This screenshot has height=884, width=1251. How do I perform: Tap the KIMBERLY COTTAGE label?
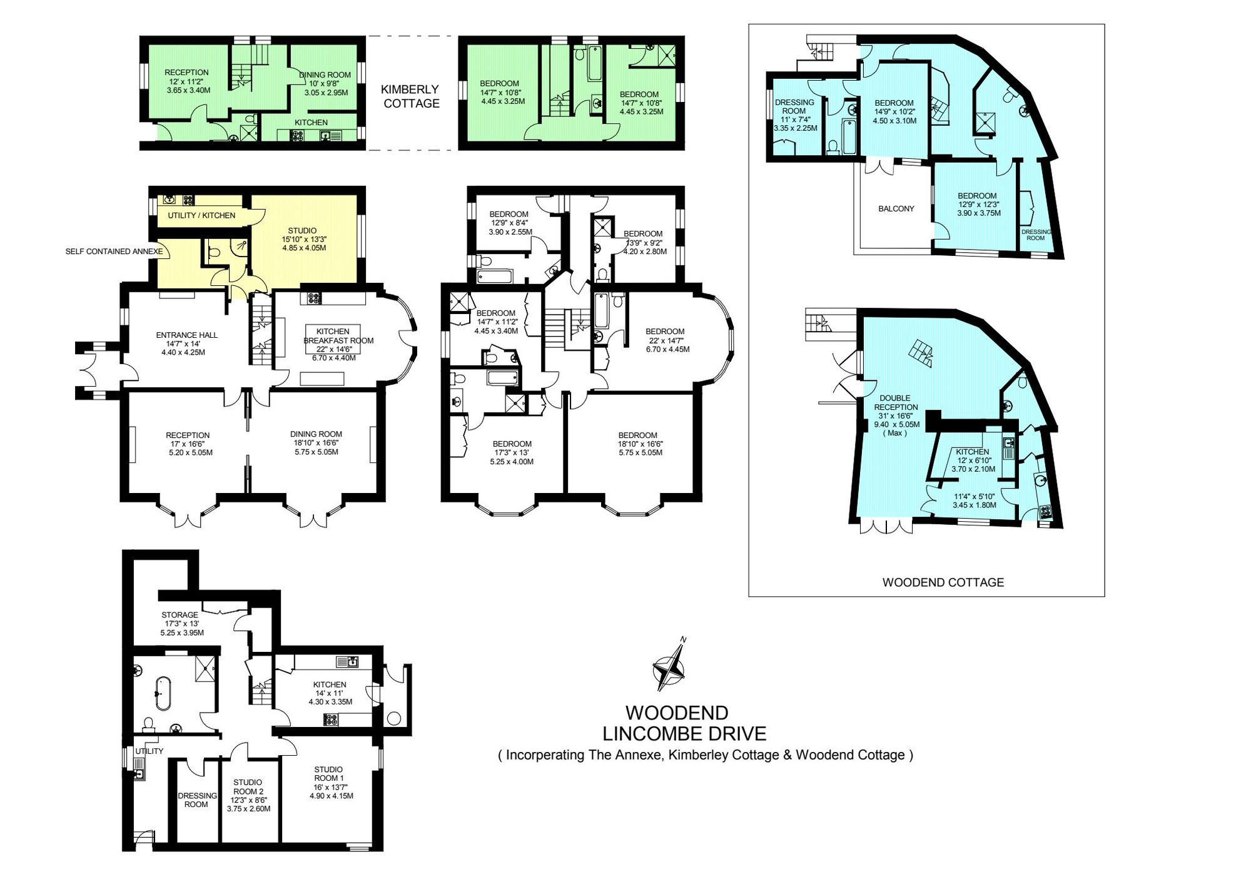411,96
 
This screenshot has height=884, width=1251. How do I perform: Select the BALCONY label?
896,208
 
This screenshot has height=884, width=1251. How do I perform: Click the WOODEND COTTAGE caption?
943,582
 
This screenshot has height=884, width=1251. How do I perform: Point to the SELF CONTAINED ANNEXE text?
114,251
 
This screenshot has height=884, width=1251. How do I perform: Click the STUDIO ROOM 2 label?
248,786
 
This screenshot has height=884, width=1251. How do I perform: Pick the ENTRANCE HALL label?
186,335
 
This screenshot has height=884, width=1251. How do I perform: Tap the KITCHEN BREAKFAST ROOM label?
338,336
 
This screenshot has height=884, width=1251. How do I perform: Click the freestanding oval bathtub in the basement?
163,693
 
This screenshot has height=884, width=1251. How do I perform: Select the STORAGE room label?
180,615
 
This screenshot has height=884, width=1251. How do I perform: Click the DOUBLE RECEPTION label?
896,402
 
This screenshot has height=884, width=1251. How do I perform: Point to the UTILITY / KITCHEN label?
201,215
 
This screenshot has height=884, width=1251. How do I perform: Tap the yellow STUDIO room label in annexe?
302,230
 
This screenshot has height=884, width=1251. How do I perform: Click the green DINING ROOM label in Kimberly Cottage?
325,74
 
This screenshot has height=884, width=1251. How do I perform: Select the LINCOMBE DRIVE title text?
684,733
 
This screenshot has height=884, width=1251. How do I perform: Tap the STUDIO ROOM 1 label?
329,774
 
